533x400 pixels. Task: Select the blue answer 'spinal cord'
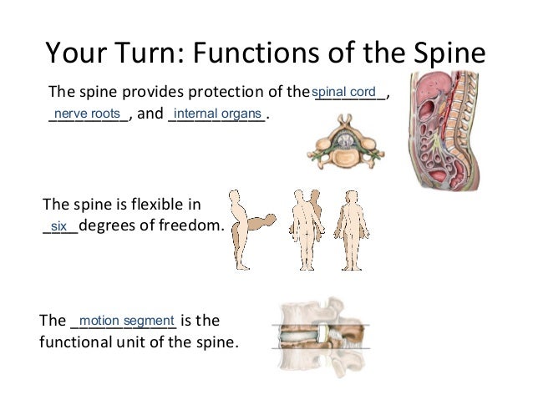[x=343, y=91]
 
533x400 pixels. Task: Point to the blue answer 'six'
[x=58, y=226]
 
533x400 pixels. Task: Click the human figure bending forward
[x=250, y=234]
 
